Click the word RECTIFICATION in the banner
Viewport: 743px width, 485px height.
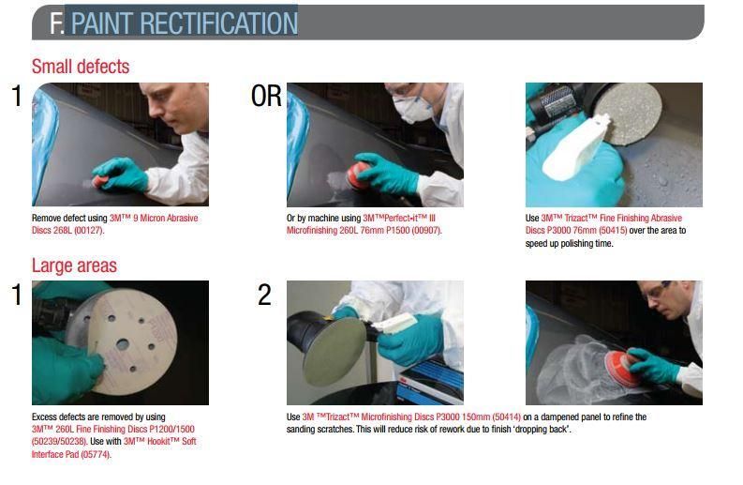click(x=218, y=23)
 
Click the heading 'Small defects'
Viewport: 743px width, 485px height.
click(x=81, y=67)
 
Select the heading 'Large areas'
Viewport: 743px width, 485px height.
click(x=74, y=265)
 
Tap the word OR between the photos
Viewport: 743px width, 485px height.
click(x=266, y=96)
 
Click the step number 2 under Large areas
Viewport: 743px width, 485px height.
click(x=264, y=295)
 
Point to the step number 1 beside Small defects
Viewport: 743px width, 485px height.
click(x=17, y=96)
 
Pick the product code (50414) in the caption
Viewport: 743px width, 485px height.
click(x=507, y=417)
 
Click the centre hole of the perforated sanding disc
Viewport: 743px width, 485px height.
click(x=123, y=344)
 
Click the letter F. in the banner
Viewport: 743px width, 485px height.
click(x=57, y=23)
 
